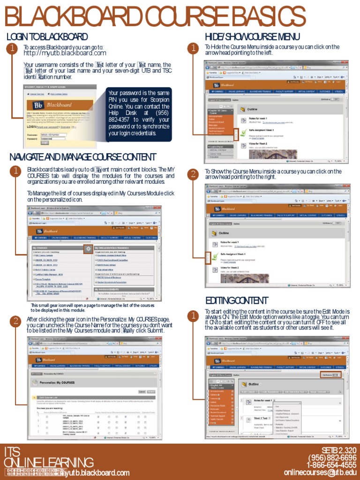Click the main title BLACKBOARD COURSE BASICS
(x=155, y=18)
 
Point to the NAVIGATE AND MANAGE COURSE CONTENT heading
(x=82, y=157)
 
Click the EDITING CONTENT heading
(x=237, y=300)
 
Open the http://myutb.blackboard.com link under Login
(x=65, y=53)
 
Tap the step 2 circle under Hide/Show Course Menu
(x=192, y=174)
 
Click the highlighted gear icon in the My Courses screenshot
(x=88, y=249)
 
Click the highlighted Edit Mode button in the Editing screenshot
(x=330, y=375)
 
